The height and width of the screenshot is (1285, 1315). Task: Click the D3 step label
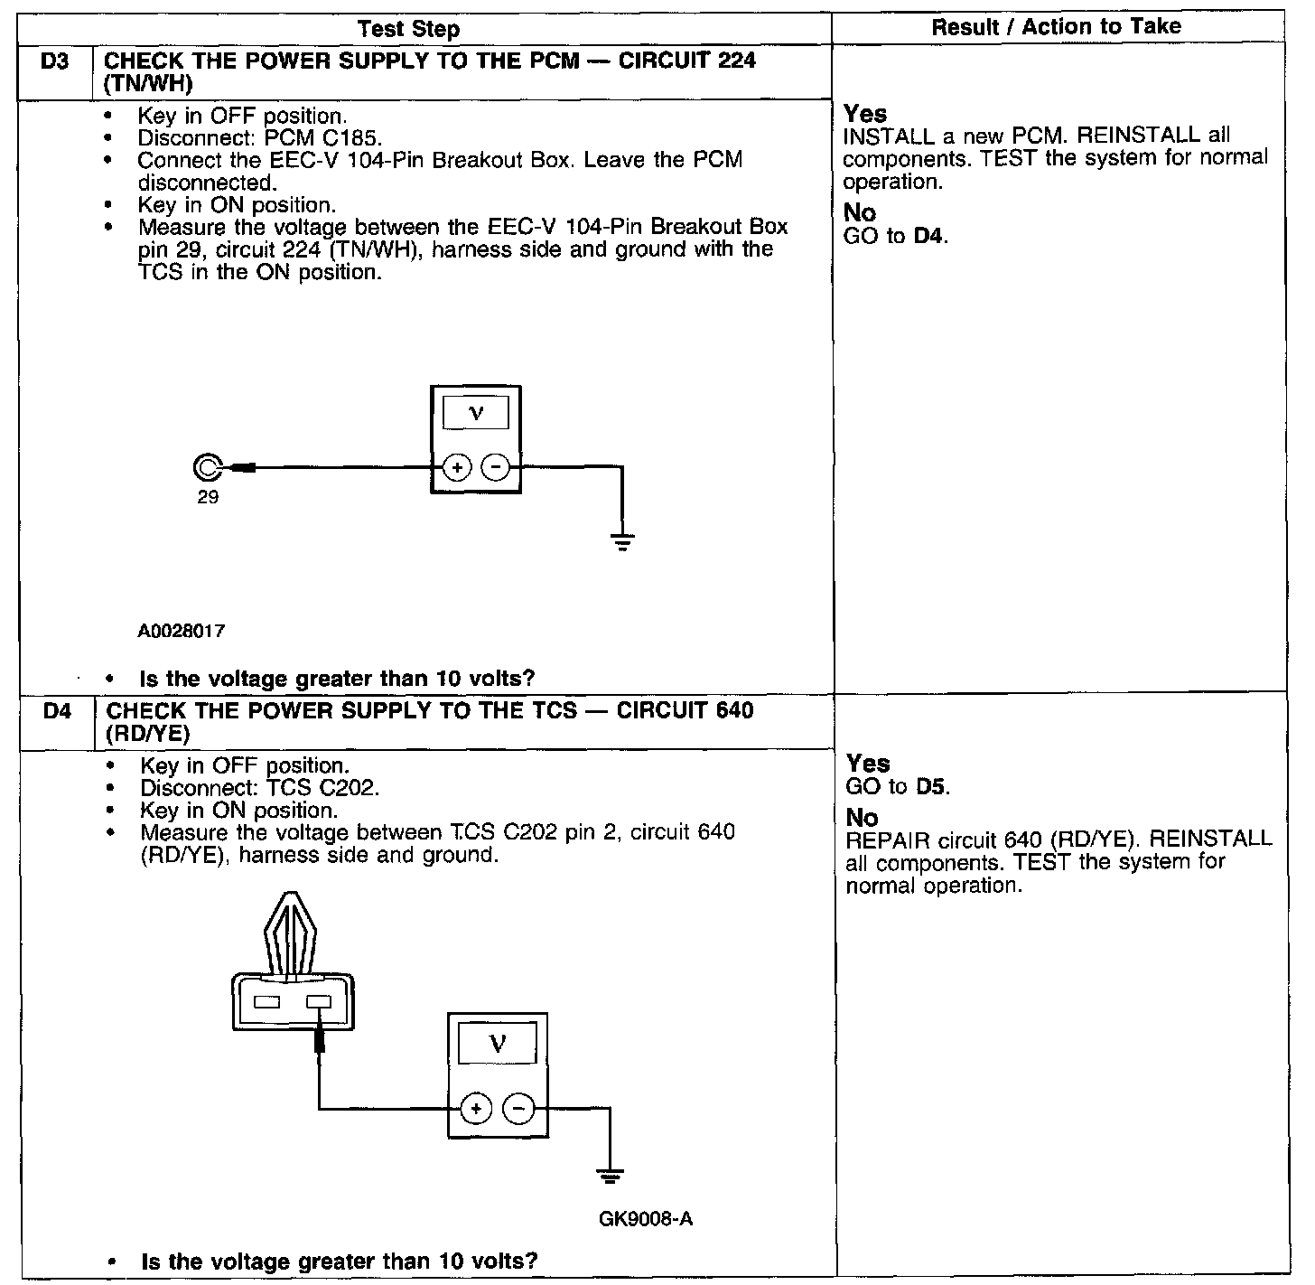tap(56, 61)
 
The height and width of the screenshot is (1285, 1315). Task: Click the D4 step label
tap(56, 711)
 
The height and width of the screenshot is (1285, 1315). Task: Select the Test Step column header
tap(408, 29)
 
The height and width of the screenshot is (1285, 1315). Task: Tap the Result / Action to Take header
tap(1056, 27)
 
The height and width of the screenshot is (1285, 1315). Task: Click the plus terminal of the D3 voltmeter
tap(457, 467)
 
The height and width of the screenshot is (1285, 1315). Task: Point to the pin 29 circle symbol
tap(206, 467)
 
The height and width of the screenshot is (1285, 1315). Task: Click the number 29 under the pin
tap(208, 497)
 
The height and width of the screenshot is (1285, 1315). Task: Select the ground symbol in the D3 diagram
tap(622, 541)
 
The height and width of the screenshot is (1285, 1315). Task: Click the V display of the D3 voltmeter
tap(476, 414)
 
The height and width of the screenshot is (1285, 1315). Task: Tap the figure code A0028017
tap(181, 631)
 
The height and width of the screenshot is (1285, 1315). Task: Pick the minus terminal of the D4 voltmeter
tap(518, 1108)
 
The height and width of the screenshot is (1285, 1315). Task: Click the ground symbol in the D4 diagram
tap(611, 1177)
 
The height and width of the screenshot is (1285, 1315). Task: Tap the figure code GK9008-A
tap(645, 1219)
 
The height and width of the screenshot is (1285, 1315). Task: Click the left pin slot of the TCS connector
tap(268, 1001)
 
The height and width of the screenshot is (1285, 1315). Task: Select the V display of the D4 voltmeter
tap(497, 1045)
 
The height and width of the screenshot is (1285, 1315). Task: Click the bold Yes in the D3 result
tap(865, 114)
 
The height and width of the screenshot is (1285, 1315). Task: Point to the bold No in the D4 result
tap(862, 818)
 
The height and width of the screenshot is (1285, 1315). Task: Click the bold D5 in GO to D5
tap(932, 786)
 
